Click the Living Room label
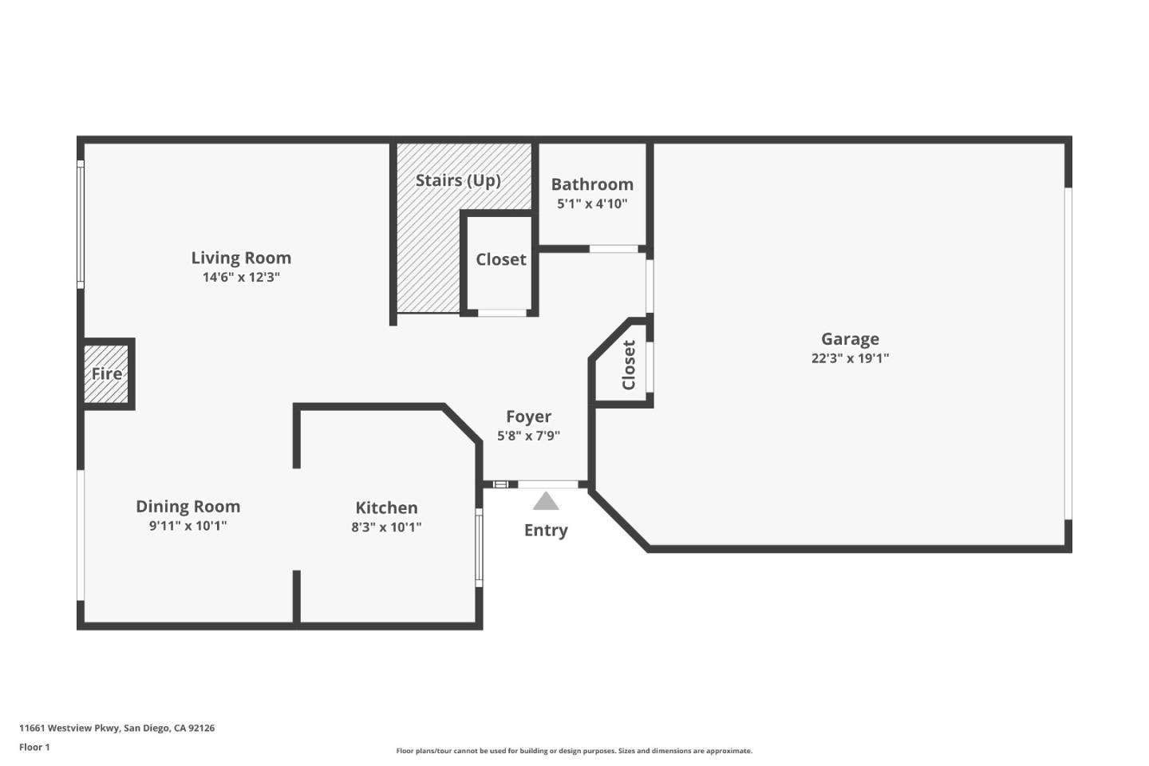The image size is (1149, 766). [241, 258]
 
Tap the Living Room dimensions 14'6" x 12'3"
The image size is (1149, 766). [241, 277]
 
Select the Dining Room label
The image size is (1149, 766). [188, 507]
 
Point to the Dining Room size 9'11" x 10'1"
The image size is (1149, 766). [188, 526]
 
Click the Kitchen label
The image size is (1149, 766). [386, 507]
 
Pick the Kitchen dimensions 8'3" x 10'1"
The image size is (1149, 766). [386, 527]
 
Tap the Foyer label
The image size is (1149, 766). [528, 416]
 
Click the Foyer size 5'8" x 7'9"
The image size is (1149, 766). [528, 436]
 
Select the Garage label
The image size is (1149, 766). [850, 339]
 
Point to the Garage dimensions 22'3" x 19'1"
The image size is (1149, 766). [850, 358]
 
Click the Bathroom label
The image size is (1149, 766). [592, 184]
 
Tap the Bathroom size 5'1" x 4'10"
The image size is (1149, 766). [592, 203]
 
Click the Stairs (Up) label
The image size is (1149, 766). [458, 180]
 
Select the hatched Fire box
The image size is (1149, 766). [106, 374]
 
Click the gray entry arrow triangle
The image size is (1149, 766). [546, 501]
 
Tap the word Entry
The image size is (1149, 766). [546, 530]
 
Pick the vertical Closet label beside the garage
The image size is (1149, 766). [629, 365]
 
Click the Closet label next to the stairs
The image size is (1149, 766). [500, 259]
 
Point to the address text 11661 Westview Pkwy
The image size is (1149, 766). [69, 728]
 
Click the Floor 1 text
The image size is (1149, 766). [34, 747]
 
